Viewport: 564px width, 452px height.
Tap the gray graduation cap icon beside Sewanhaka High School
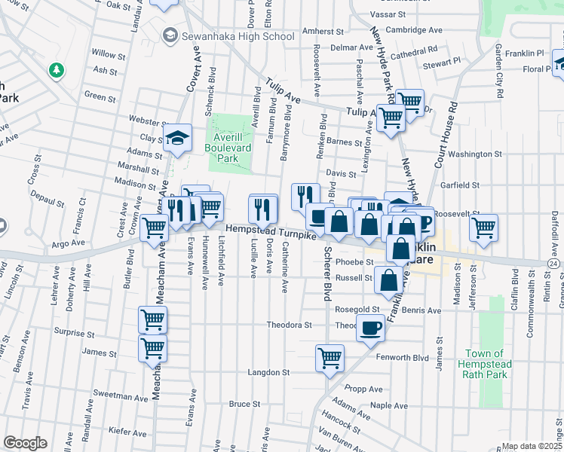170,35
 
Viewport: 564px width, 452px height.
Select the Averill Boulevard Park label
232,142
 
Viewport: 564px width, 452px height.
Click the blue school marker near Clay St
177,138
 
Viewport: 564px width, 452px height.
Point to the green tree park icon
55,71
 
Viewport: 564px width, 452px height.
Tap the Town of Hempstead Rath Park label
488,365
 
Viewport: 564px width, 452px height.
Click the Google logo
25,443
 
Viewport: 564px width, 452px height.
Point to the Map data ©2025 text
532,446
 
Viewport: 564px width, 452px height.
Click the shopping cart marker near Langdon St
329,359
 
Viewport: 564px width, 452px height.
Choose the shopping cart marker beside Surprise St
152,320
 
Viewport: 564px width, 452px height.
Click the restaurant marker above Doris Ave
261,207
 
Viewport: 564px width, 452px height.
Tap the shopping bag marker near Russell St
388,279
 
